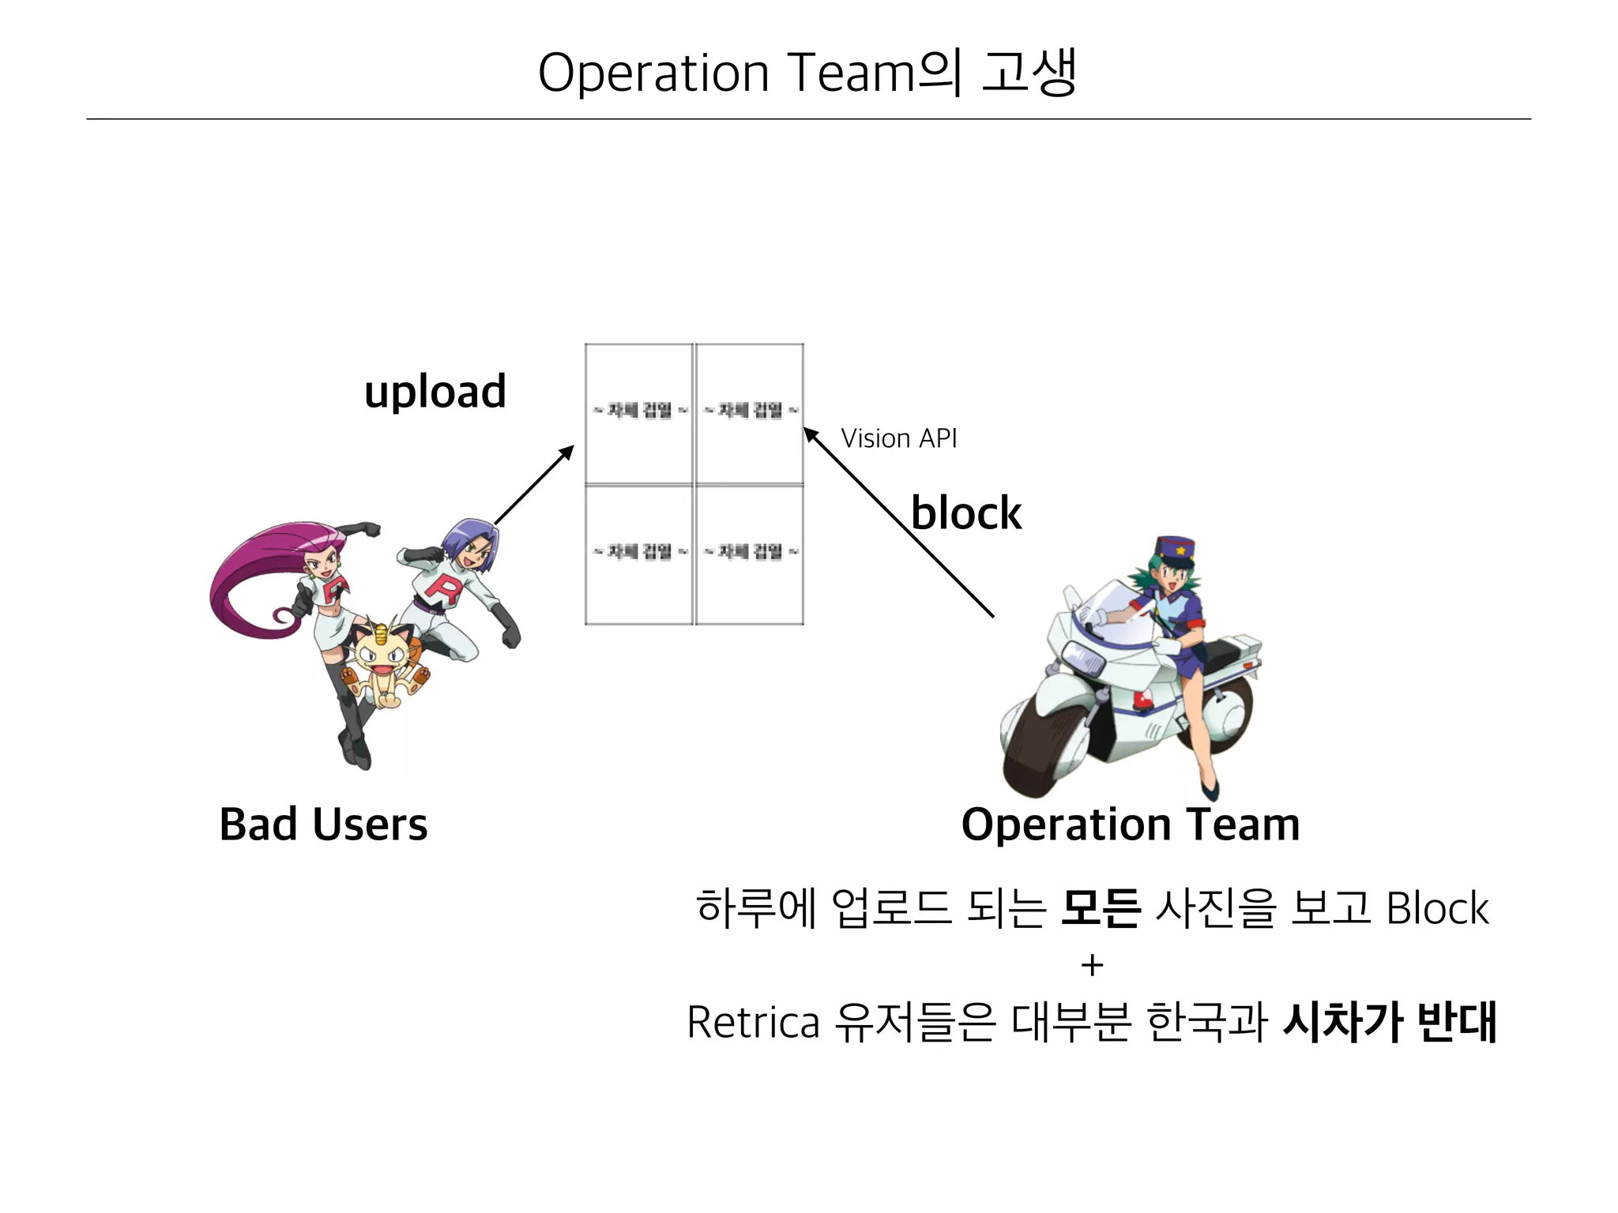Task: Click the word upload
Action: (x=435, y=392)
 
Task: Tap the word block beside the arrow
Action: (x=965, y=513)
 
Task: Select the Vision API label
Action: (x=898, y=438)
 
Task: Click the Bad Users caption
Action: (x=323, y=824)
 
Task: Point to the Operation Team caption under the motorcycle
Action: (x=1130, y=824)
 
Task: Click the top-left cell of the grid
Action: (x=639, y=413)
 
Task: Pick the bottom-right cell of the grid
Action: (x=750, y=554)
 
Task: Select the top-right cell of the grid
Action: (x=750, y=413)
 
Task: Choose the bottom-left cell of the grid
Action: (x=639, y=554)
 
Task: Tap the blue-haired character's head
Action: (x=471, y=544)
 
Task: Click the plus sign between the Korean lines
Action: (x=1092, y=965)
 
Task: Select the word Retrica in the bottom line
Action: (x=753, y=1023)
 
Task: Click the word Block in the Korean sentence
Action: (x=1437, y=908)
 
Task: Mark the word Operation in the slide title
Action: (x=653, y=73)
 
